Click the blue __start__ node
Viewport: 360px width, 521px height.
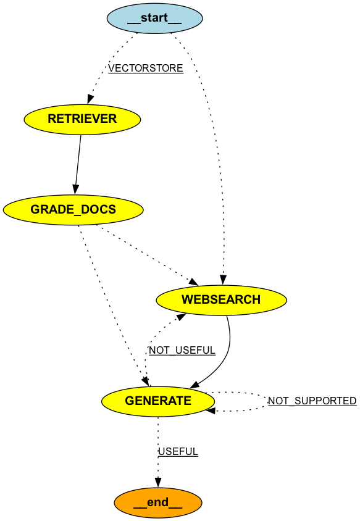point(154,18)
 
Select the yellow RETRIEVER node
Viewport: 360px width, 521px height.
point(82,119)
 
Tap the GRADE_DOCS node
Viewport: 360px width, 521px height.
point(73,209)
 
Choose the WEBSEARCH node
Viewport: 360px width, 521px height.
point(221,299)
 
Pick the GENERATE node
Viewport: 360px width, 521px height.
point(158,401)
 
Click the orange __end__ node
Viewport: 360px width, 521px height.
point(157,502)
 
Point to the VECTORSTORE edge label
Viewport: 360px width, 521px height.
point(146,69)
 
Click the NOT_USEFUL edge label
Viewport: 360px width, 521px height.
point(182,351)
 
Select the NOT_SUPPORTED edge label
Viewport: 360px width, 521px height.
point(312,401)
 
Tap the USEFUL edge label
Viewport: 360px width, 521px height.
point(178,452)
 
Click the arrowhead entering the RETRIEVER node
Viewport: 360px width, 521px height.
point(91,99)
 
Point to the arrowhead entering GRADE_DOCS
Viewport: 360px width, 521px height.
point(75,190)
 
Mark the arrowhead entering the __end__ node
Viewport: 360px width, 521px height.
point(157,483)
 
